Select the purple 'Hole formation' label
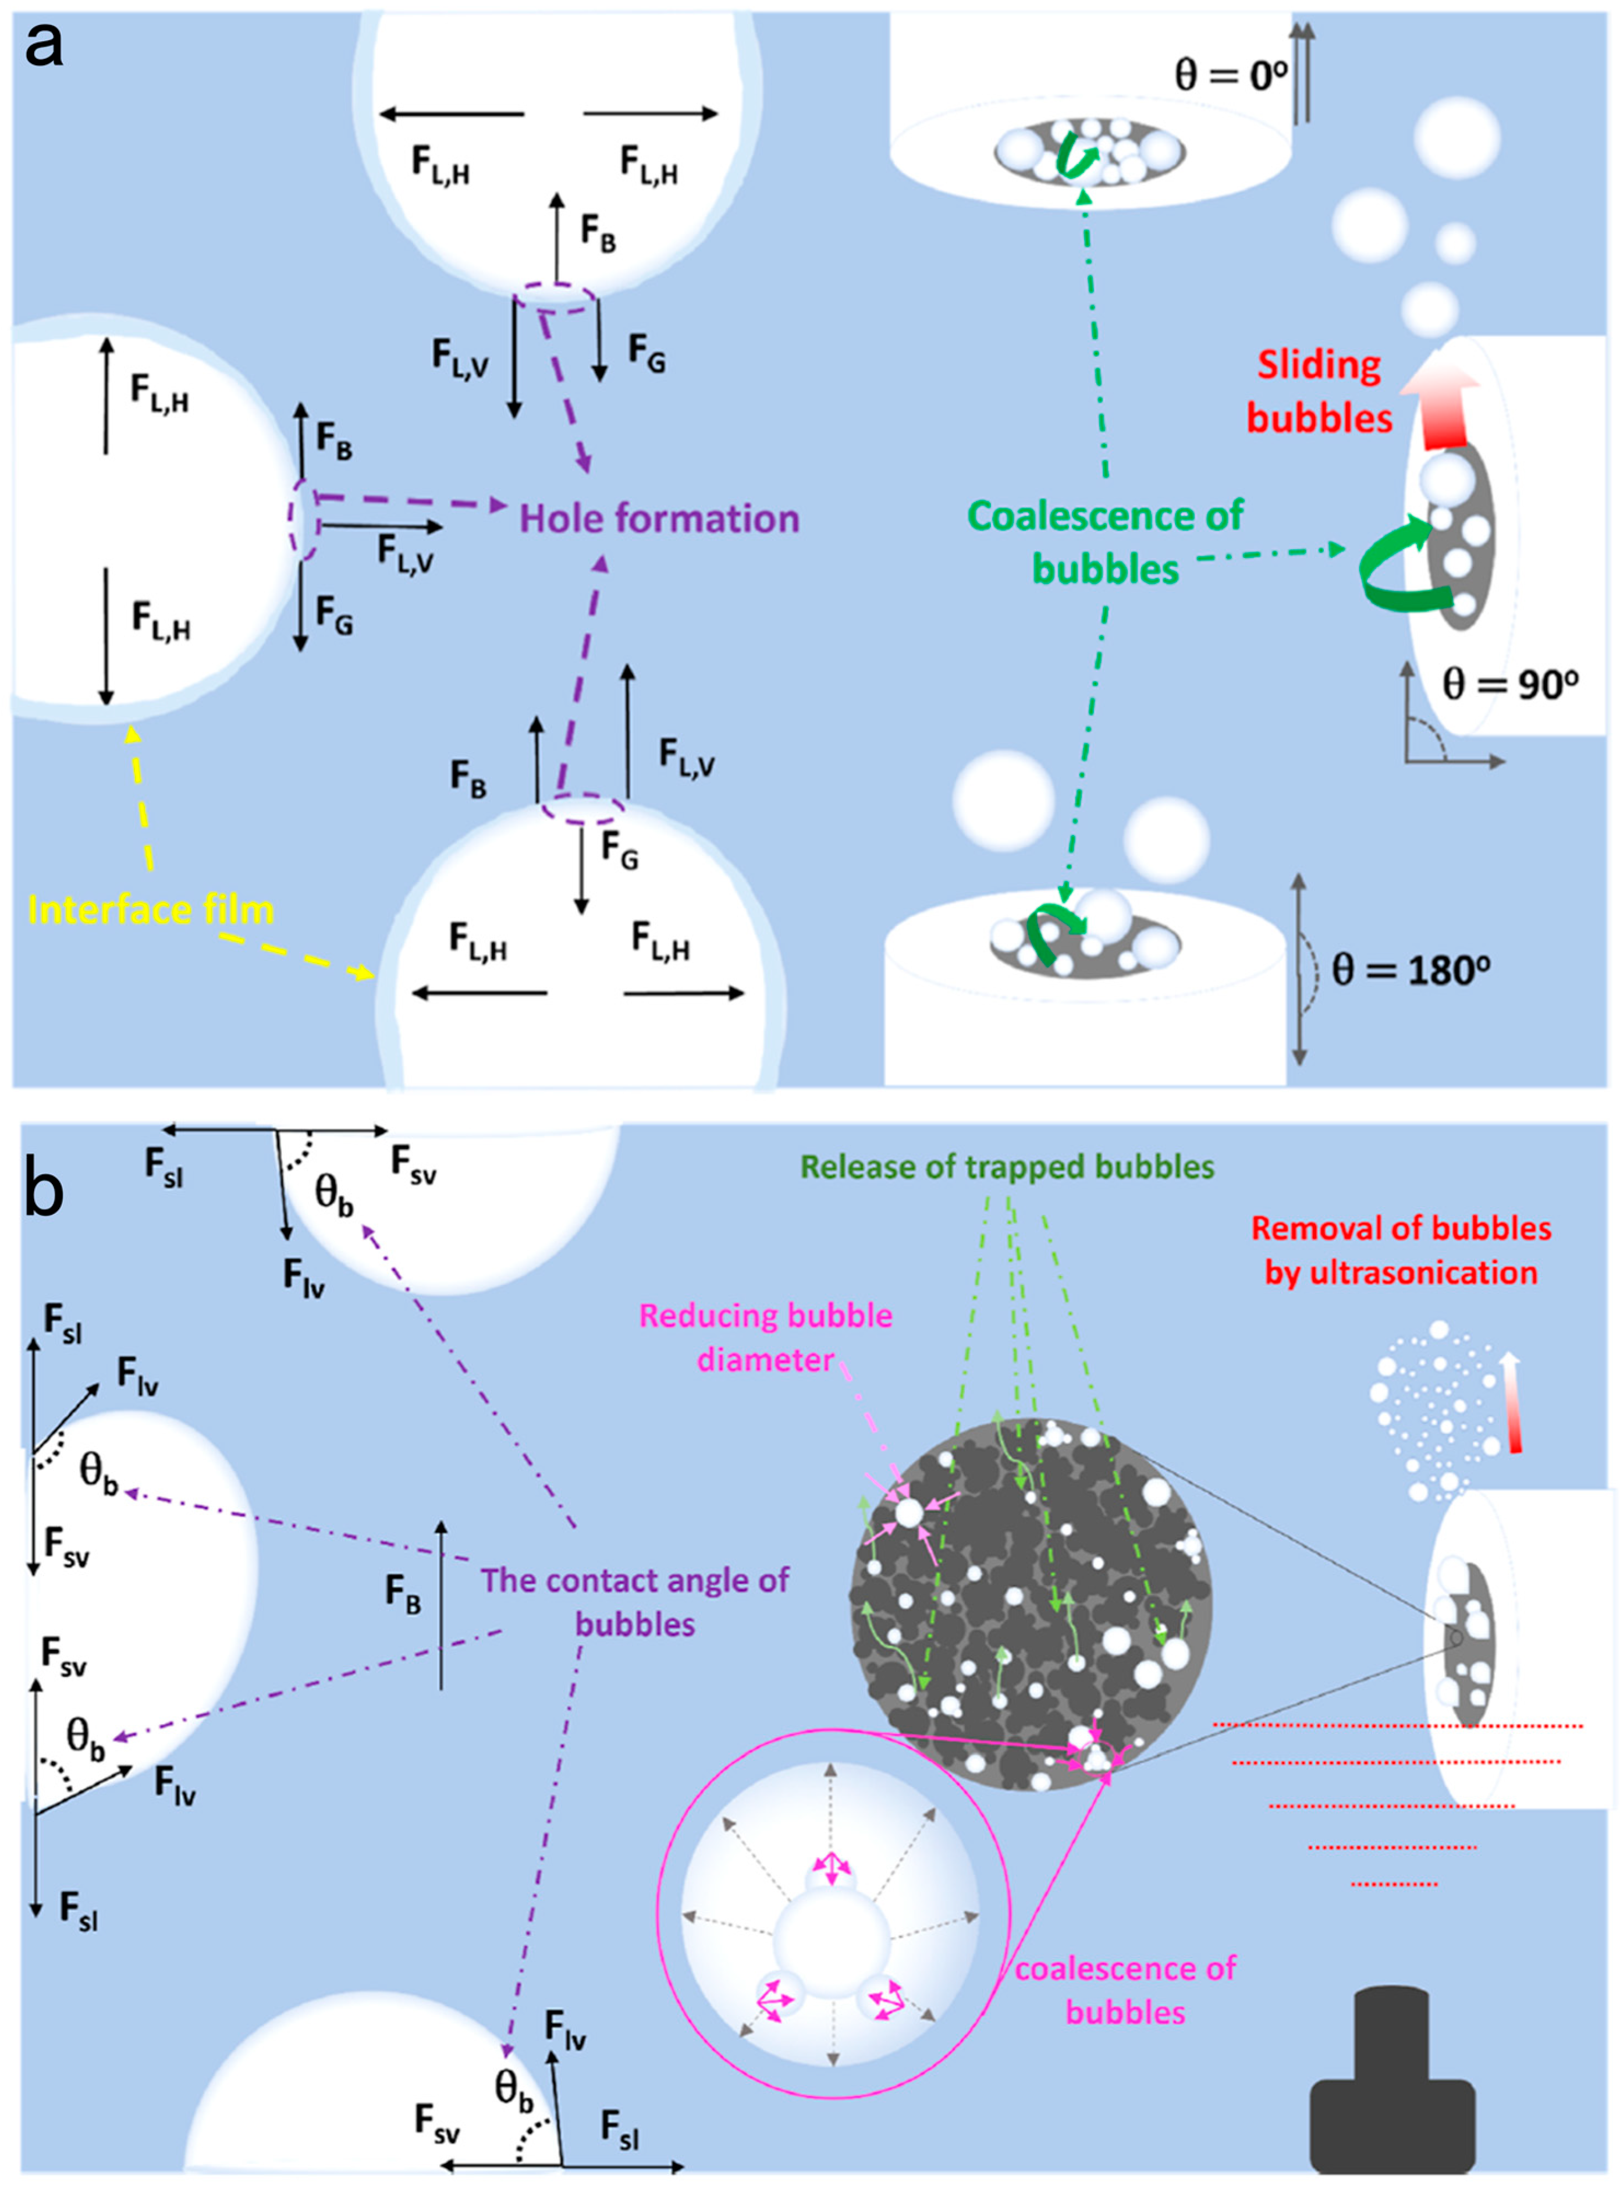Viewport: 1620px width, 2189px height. (659, 518)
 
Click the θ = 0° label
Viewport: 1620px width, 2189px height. (1231, 73)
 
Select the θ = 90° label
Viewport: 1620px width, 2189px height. (1510, 683)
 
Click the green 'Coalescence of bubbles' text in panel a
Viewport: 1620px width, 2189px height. (1105, 541)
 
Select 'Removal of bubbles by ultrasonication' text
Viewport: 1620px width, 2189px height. (1401, 1250)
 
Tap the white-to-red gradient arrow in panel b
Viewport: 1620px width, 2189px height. (1513, 1402)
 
